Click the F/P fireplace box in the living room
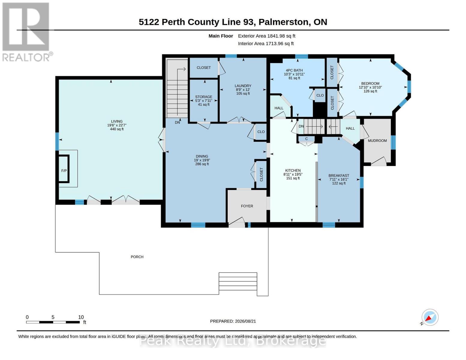64,169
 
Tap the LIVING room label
117,121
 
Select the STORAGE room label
203,97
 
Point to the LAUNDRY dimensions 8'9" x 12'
243,90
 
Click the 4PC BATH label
294,70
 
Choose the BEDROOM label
370,83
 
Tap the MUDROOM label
377,141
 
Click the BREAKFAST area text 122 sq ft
338,183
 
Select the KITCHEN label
293,170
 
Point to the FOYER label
247,206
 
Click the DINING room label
202,156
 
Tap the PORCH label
137,257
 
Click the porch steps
238,281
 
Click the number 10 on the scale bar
81,317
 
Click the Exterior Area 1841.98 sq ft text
266,36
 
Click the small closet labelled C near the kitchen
306,139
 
